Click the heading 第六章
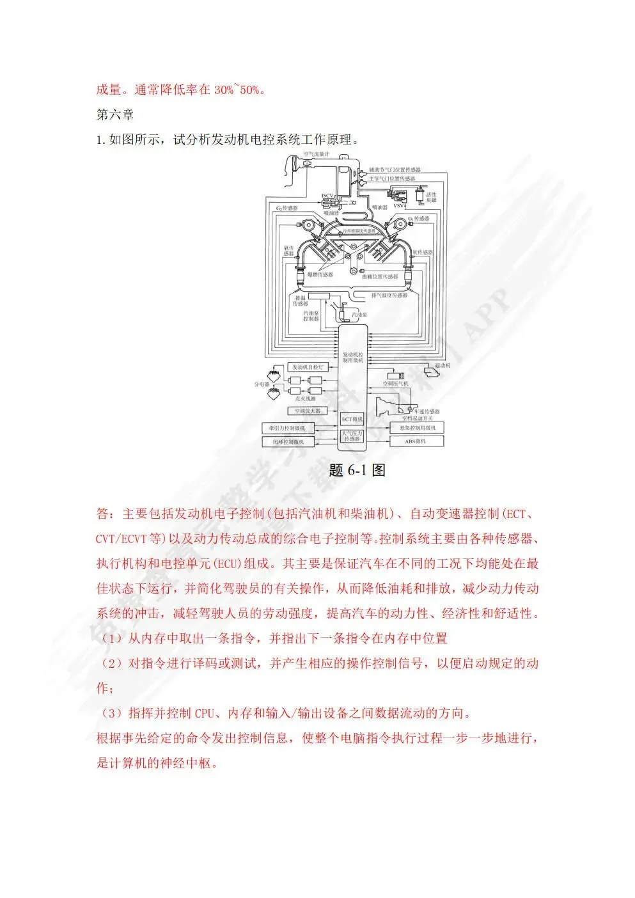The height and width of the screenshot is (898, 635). [115, 114]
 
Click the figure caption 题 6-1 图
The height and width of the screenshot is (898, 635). [357, 470]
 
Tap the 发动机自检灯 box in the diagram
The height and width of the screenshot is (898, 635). [309, 367]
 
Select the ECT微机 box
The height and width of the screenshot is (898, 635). [352, 420]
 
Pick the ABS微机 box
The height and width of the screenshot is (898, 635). [415, 441]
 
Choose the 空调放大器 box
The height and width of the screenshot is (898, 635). [308, 411]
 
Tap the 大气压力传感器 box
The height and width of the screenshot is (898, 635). [352, 436]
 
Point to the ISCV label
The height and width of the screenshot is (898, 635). [327, 195]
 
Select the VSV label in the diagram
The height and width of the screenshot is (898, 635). [398, 206]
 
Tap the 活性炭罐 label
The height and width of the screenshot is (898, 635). [432, 197]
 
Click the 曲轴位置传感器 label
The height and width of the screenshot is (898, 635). [380, 276]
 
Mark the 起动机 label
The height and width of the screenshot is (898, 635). [443, 365]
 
